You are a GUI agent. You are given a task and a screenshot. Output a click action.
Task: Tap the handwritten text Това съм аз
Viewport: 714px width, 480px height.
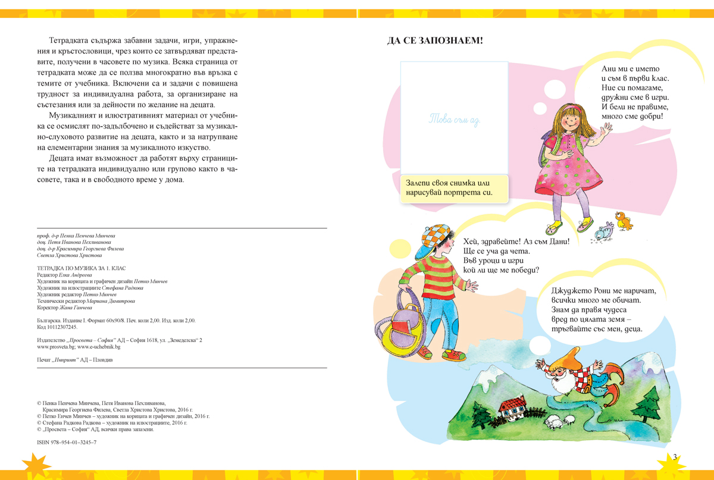pos(454,119)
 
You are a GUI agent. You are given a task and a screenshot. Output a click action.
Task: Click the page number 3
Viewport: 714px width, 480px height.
pos(675,457)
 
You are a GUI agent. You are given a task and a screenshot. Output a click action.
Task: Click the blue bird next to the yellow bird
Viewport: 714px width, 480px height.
pos(604,230)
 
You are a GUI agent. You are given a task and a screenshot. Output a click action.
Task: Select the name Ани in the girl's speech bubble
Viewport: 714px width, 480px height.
pos(609,69)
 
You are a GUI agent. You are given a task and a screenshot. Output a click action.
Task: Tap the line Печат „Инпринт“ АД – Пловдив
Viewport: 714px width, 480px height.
pos(75,360)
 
